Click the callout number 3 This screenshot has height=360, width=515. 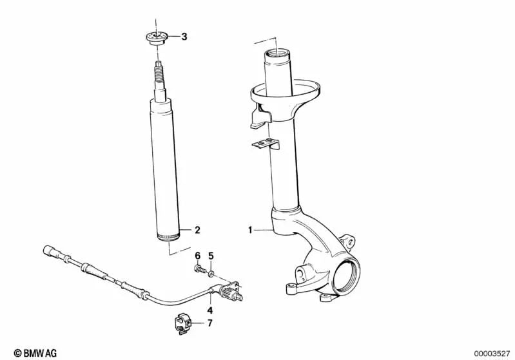184,37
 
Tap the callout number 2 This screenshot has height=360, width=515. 197,230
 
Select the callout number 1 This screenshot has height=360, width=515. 250,230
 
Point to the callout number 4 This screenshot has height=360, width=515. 210,310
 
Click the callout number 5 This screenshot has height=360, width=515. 211,256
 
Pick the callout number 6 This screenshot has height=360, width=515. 197,256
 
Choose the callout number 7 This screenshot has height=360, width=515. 210,323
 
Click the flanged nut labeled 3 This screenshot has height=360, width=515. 157,38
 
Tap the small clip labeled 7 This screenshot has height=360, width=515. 182,323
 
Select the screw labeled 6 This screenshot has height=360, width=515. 200,270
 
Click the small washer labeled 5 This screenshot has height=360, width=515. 211,272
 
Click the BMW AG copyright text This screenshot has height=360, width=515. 35,353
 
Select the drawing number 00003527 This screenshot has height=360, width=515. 492,354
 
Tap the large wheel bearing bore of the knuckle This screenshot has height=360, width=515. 347,275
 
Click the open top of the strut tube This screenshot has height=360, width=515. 277,53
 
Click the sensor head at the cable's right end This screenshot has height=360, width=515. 231,292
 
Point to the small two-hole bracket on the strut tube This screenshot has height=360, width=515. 266,144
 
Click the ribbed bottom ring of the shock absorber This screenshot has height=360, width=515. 168,236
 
